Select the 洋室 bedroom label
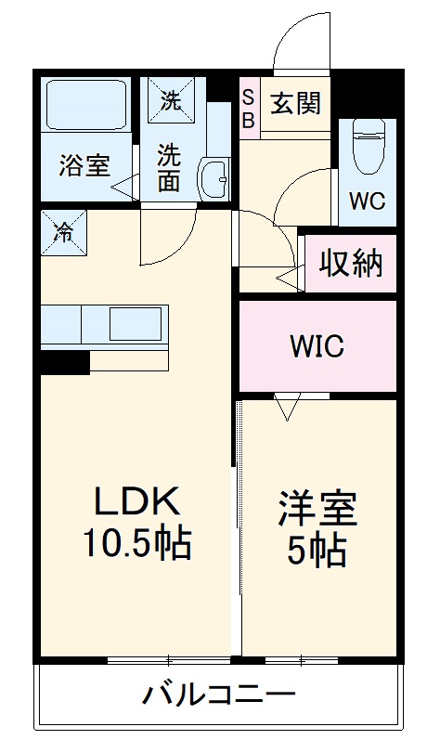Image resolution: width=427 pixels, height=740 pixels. coord(318,510)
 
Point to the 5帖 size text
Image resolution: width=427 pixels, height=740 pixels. coord(318,551)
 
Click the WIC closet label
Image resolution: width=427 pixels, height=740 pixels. coord(317,348)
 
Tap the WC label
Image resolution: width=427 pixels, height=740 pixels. coord(367,201)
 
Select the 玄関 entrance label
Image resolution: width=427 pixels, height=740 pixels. coord(296,102)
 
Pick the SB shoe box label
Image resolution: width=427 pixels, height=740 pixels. coord(249,108)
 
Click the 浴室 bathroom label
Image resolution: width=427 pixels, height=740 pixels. coord(84,167)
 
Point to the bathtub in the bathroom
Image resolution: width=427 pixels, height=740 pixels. coord(88,108)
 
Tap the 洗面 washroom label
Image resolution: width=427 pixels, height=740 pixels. coord(168,166)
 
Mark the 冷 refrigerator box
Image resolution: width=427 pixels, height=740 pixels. coord(63,230)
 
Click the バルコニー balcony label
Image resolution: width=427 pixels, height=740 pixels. coord(219,694)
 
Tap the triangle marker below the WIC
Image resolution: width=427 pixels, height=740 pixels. coord(289,405)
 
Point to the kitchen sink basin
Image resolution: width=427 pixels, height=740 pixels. coord(136,326)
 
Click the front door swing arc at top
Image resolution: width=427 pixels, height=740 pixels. coord(295,42)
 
